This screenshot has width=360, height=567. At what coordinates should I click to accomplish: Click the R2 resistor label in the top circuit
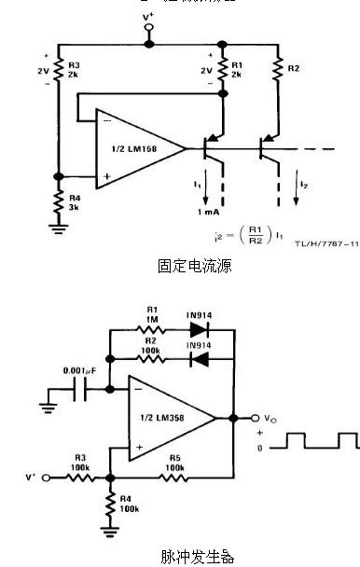(294, 68)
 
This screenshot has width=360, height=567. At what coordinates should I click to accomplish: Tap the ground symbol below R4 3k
(58, 227)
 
